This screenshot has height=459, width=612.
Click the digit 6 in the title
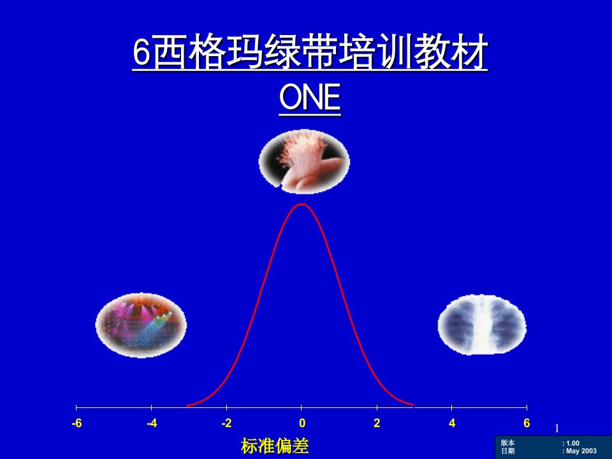142,52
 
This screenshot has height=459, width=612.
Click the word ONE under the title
310,97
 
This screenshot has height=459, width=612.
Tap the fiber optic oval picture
304,162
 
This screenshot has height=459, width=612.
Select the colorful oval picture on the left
141,325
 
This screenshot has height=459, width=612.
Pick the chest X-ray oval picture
482,324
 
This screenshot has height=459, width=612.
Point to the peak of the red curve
302,204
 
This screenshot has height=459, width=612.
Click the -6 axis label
77,423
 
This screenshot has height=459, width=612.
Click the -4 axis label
152,423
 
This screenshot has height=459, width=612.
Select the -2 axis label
226,423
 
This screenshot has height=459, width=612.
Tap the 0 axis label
302,423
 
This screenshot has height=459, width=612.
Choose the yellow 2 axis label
377,423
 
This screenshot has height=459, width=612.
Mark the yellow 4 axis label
452,423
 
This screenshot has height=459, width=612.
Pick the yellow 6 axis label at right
527,423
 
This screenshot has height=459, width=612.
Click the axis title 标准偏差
275,446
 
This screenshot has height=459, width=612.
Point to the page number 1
557,428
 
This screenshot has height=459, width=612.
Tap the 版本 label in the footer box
508,443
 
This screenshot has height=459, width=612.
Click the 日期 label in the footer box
508,451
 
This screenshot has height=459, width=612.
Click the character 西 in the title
170,52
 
